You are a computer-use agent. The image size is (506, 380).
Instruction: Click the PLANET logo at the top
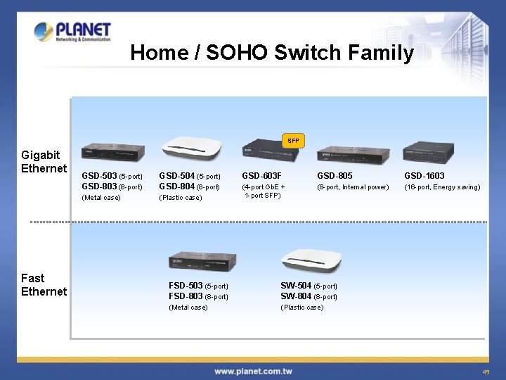coord(72,32)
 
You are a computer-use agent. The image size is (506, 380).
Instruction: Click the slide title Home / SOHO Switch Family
coord(272,53)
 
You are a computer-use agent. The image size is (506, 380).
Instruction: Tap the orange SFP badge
coord(293,141)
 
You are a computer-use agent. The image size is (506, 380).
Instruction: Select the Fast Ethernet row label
coord(44,284)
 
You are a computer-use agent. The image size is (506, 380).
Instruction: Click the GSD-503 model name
coord(99,176)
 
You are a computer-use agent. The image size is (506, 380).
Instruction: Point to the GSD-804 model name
coord(176,186)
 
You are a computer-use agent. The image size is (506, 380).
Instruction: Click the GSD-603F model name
coord(261,176)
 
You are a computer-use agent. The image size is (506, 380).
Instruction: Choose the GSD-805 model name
coord(335,176)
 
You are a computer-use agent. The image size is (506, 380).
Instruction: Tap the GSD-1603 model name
coord(424,176)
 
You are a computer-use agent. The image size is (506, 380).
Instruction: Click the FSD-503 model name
coord(186,286)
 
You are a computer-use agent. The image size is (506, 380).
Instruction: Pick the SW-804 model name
coord(296,296)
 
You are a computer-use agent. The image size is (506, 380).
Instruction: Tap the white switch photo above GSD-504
coord(192,146)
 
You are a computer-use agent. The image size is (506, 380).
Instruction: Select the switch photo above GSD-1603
coord(429,152)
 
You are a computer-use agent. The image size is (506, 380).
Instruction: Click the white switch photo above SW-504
coord(311,260)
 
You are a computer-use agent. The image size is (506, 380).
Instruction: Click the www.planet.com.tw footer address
coord(252,372)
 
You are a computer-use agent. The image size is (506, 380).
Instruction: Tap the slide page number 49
coord(486,372)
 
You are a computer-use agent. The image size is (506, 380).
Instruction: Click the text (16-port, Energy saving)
coord(442,187)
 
